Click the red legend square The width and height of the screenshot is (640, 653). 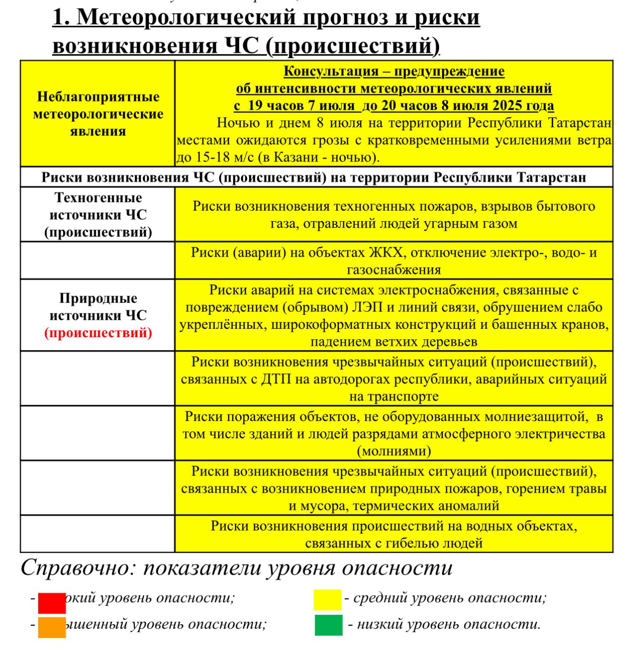click(x=52, y=602)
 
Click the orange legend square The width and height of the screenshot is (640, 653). click(x=52, y=627)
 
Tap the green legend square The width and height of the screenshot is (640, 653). click(x=328, y=625)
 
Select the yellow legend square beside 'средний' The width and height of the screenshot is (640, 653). click(x=327, y=599)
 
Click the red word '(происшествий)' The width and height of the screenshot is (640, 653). click(x=98, y=333)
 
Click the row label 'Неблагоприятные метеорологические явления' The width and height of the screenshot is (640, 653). click(x=98, y=114)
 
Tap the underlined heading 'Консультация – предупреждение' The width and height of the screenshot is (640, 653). click(x=394, y=71)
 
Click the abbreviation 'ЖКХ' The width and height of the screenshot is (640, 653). click(x=387, y=252)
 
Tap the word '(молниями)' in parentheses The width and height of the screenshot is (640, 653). click(x=394, y=451)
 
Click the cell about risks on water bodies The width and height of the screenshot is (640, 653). click(x=394, y=534)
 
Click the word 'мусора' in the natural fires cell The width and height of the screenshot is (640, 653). click(x=323, y=506)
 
